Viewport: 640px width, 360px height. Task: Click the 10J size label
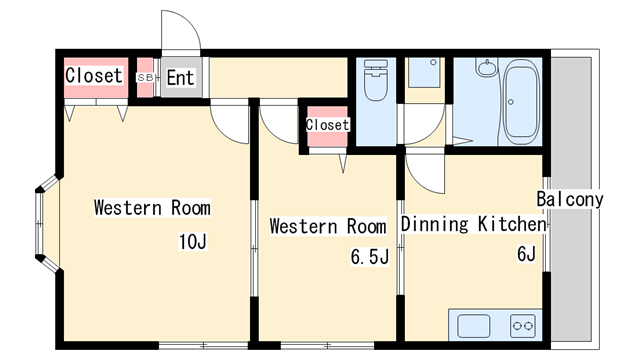193,241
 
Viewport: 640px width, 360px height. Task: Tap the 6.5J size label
369,257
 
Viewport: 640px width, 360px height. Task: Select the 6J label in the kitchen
526,253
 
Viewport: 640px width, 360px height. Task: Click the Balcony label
569,199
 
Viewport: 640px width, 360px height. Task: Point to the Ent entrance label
180,78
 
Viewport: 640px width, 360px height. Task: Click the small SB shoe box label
145,77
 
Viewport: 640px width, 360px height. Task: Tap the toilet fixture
376,80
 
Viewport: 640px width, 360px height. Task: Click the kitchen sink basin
473,326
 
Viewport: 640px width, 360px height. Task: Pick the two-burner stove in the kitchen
523,326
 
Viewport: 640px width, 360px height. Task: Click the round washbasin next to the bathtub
486,67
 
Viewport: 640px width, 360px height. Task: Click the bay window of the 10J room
47,224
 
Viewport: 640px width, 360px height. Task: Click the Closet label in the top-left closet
94,76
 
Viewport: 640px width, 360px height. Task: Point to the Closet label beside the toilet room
327,124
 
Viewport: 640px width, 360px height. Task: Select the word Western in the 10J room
128,207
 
